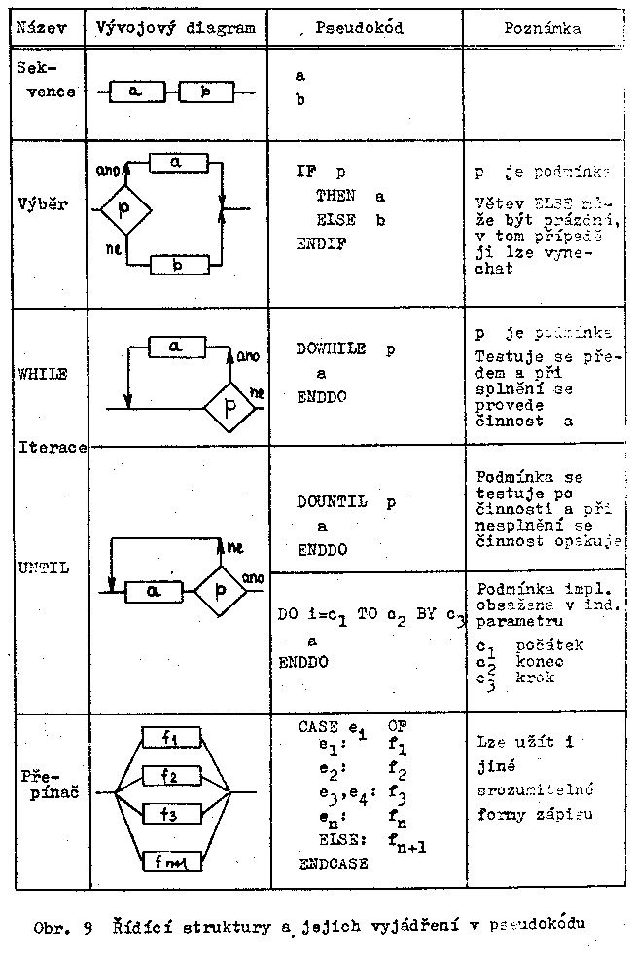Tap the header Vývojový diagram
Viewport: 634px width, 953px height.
click(x=176, y=28)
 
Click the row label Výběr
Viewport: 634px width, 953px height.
click(x=41, y=205)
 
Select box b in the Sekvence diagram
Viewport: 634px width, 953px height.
click(x=205, y=92)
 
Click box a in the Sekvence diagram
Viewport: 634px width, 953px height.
click(x=136, y=92)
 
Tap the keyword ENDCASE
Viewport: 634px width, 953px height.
click(x=335, y=862)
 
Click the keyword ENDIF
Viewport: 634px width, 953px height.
click(x=321, y=244)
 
